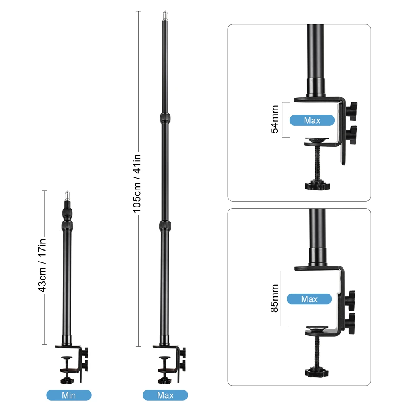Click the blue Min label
(69, 395)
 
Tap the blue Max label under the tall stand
(165, 395)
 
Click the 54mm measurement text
(275, 119)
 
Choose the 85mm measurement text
(275, 298)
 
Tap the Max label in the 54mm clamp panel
(312, 120)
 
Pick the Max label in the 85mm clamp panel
(309, 299)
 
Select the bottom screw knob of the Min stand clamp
(67, 380)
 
